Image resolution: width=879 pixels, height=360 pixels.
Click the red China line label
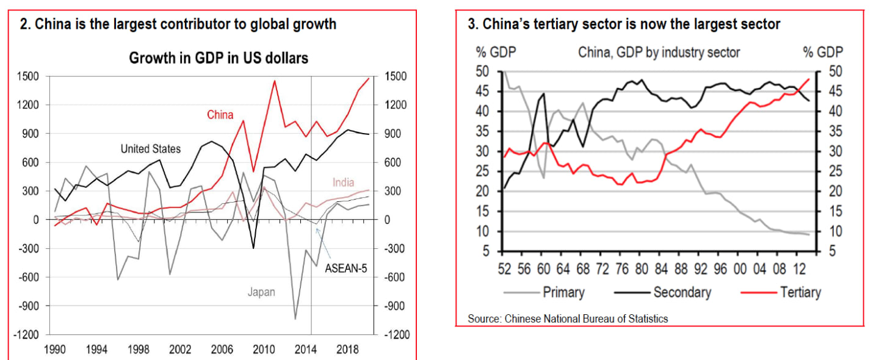(220, 115)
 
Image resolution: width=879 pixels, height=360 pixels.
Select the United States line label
(150, 148)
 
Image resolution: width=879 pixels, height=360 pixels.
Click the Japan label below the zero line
(261, 292)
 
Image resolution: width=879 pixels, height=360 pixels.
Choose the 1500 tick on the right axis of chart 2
(397, 76)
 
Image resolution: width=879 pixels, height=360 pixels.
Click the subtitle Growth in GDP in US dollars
(219, 58)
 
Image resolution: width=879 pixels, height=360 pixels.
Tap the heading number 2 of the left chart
(24, 25)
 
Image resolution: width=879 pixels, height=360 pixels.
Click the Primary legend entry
(563, 292)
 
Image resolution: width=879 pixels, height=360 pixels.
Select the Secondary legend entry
(682, 292)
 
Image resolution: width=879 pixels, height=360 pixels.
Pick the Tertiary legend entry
(800, 292)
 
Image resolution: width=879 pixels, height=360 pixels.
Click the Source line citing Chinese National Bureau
(568, 319)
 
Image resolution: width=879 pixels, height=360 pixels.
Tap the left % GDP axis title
(496, 52)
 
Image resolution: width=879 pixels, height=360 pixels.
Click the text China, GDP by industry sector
(659, 52)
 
